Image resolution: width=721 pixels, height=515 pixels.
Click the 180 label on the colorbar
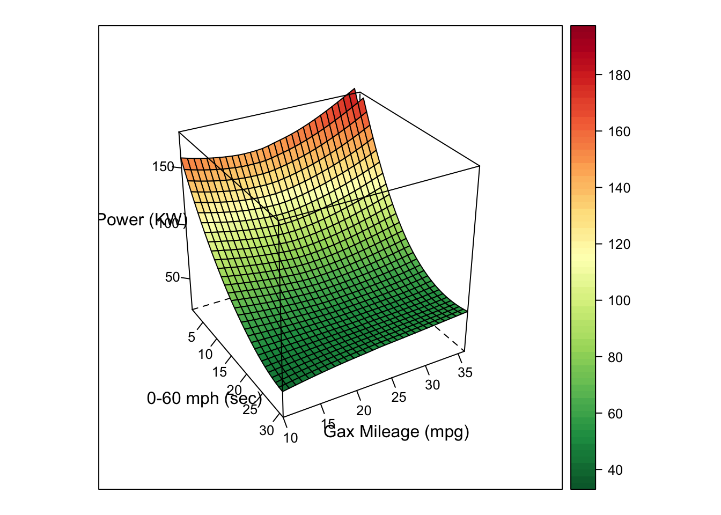(619, 76)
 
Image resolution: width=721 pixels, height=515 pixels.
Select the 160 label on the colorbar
(619, 132)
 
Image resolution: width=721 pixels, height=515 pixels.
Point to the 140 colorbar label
(619, 188)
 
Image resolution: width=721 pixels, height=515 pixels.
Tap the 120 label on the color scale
(619, 245)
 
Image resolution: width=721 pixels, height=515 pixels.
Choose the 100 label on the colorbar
(619, 301)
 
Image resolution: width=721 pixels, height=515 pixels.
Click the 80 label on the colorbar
(615, 357)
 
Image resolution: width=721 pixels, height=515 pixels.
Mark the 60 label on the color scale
(615, 414)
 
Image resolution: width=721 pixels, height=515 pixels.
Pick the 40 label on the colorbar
(615, 470)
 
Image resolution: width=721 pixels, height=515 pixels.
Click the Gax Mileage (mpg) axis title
(396, 432)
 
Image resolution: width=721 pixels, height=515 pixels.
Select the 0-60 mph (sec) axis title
(204, 399)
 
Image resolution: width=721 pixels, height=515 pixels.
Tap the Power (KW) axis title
(143, 220)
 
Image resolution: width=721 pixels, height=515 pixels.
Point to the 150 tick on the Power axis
(163, 167)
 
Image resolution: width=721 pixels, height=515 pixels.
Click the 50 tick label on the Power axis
(173, 277)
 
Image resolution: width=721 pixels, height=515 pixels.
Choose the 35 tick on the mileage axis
(465, 373)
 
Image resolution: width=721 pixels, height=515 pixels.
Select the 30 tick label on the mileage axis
(432, 385)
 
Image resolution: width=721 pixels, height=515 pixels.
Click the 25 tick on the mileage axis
(399, 398)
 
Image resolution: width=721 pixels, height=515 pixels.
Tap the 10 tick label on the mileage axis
(291, 438)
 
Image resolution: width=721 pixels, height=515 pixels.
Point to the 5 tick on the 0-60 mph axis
(192, 337)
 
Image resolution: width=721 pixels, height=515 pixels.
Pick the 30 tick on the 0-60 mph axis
(267, 431)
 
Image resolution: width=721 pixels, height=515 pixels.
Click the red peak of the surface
(354, 92)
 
